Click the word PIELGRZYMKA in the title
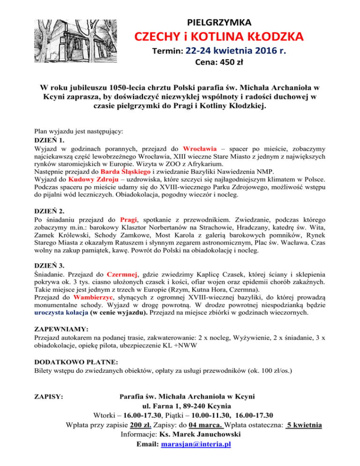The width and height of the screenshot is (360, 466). pos(219,22)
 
